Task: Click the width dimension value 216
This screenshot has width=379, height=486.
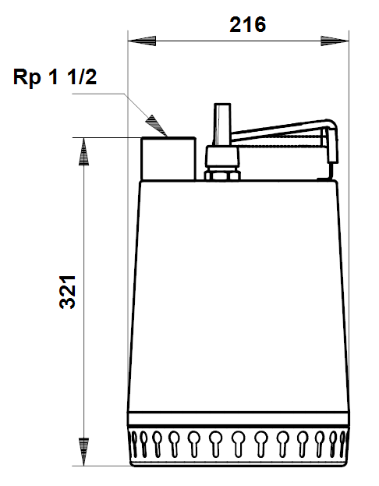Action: pos(248,25)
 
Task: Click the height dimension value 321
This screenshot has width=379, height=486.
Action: pos(67,292)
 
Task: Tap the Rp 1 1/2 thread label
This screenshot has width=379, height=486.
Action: pos(55,77)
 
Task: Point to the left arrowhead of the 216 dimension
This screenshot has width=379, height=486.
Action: pos(142,41)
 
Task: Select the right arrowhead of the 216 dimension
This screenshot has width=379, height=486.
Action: pos(335,41)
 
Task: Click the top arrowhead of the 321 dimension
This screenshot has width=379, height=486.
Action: pos(83,151)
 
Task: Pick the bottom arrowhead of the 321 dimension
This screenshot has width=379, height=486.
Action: pos(83,452)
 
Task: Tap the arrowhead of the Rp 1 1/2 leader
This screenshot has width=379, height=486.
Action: pos(157,126)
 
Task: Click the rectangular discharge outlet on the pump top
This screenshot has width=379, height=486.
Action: pos(168,158)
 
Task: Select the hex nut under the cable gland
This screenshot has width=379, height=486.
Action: pos(222,175)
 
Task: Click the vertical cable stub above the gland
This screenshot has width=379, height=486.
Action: pos(222,125)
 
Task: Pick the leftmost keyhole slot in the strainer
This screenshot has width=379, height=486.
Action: pos(134,444)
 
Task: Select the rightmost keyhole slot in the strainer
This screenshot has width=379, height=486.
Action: pos(342,444)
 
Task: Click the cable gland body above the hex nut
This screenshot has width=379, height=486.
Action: pos(222,158)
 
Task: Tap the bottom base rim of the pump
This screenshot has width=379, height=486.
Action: pos(239,463)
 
